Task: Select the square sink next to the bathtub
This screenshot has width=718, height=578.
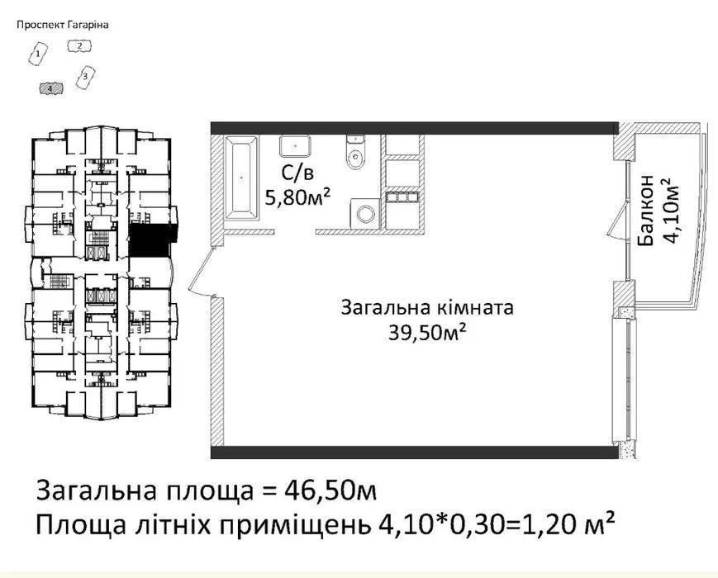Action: pos(295,145)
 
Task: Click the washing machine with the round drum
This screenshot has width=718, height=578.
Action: pos(365,213)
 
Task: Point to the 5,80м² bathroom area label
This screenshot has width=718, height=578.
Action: pos(298,197)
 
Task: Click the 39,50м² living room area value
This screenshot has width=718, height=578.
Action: pos(427,332)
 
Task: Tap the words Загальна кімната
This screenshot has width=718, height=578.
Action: pos(427,307)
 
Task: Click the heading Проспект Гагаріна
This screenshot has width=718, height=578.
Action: pos(63,25)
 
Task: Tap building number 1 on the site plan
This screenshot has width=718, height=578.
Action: pos(39,54)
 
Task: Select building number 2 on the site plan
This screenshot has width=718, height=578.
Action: pos(79,45)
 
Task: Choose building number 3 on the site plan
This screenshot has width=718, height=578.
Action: pos(85,77)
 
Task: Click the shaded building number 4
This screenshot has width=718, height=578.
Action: pos(51,88)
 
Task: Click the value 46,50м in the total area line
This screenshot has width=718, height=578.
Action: pos(330,491)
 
